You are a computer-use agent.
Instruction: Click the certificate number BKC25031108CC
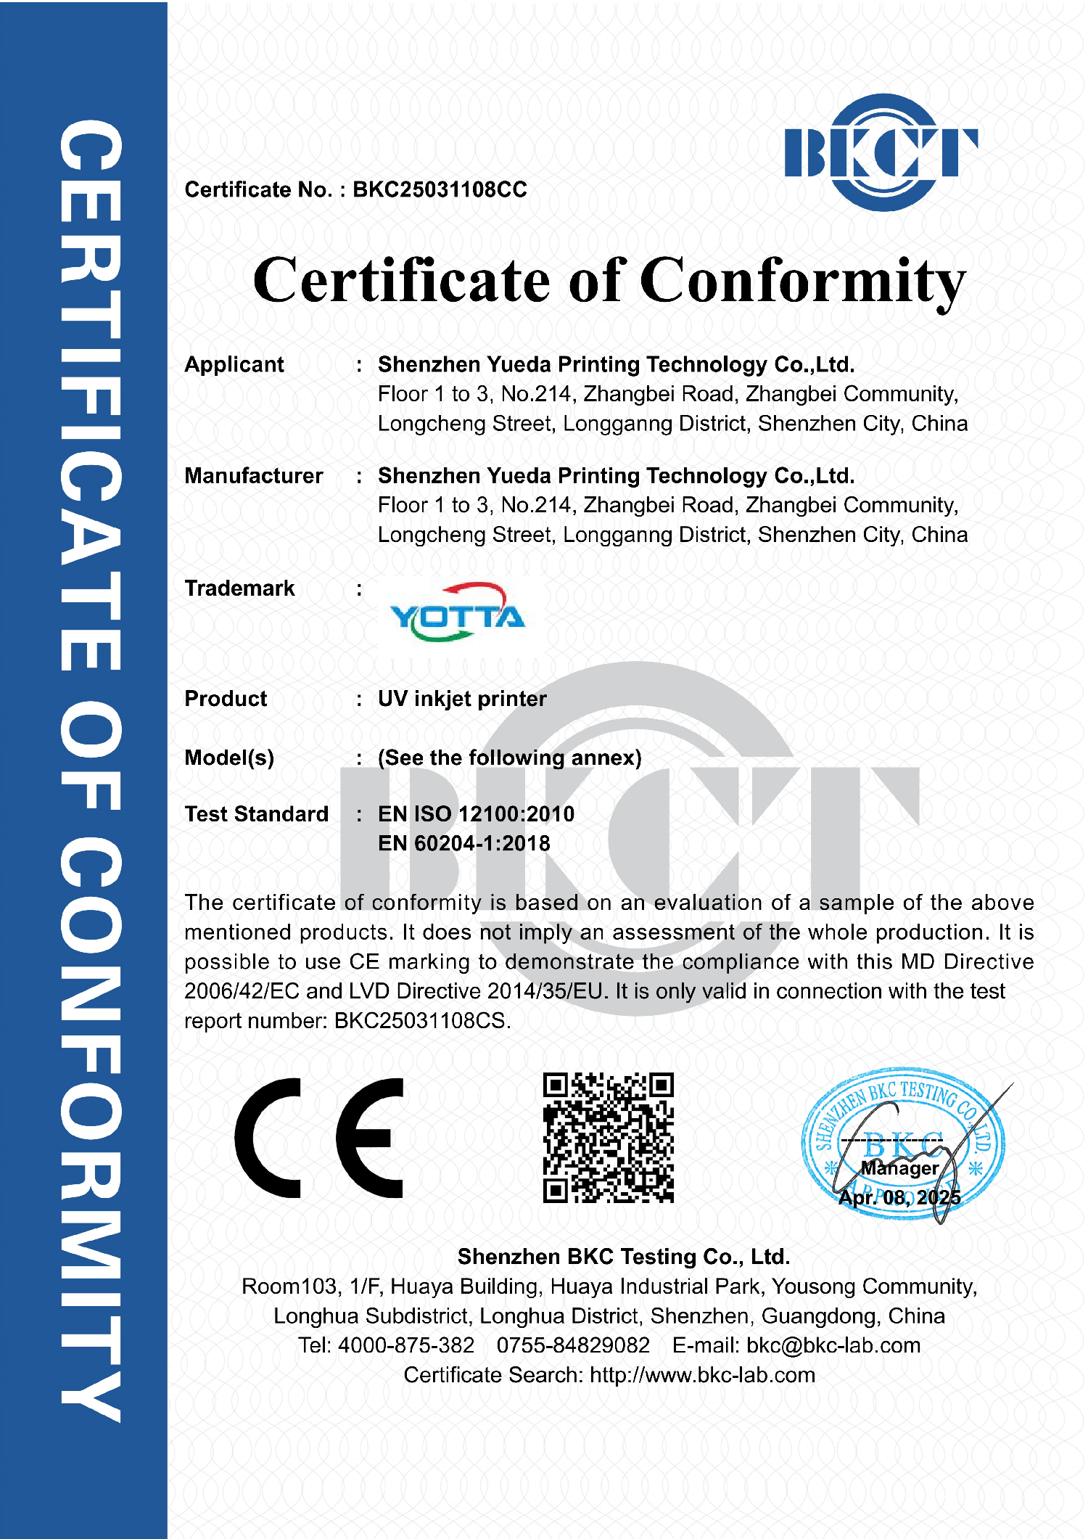click(x=440, y=189)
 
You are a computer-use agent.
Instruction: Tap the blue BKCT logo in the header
click(x=881, y=152)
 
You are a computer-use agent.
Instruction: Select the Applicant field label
click(x=234, y=364)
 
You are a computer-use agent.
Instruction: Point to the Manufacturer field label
click(x=254, y=476)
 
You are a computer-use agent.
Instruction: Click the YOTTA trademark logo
click(x=457, y=614)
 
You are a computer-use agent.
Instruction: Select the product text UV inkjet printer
click(x=462, y=699)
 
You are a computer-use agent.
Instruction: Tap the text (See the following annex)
click(x=509, y=758)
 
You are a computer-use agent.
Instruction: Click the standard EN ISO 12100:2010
click(x=476, y=814)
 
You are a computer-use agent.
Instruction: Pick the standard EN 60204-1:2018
click(x=463, y=844)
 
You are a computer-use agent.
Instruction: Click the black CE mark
click(x=319, y=1138)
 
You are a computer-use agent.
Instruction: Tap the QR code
click(x=608, y=1138)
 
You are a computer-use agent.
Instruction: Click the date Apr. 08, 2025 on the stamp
click(x=899, y=1197)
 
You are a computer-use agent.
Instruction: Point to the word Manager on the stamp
click(x=899, y=1168)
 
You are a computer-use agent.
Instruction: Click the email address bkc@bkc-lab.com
click(x=833, y=1345)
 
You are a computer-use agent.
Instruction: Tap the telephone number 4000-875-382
click(x=406, y=1345)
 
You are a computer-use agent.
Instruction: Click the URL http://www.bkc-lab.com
click(x=702, y=1375)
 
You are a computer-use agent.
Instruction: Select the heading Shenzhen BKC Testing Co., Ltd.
click(x=623, y=1257)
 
